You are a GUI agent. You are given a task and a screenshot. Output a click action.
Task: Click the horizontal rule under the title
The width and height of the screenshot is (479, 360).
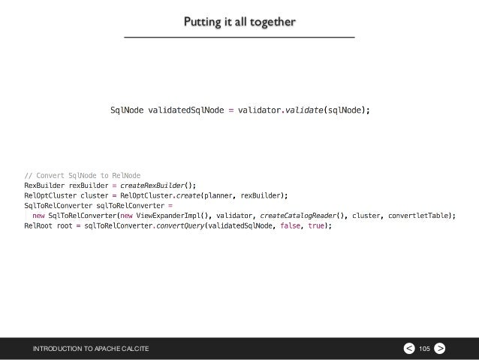(239, 37)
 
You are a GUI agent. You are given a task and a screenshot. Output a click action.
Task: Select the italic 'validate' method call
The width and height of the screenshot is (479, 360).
(305, 111)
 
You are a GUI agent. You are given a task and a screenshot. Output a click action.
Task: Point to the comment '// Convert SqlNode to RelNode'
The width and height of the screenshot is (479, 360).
(83, 176)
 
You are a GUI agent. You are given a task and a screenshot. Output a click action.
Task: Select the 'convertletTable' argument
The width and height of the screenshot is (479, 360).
(423, 215)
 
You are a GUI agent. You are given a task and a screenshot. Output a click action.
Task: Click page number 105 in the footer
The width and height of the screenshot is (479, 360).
(424, 348)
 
